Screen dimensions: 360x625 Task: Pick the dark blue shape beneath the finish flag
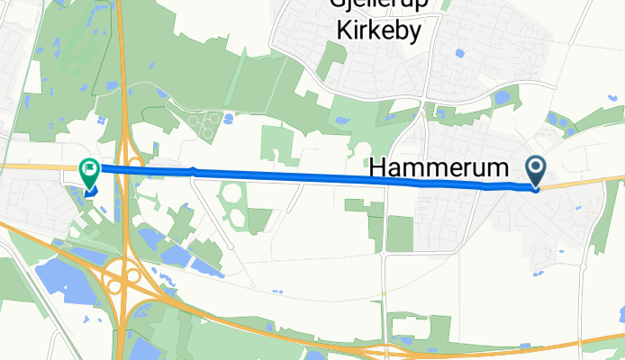tap(91, 190)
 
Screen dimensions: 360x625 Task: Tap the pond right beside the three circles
tap(228, 117)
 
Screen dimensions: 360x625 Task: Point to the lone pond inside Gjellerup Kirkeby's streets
tap(460, 53)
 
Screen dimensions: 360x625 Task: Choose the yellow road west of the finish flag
tap(36, 166)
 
